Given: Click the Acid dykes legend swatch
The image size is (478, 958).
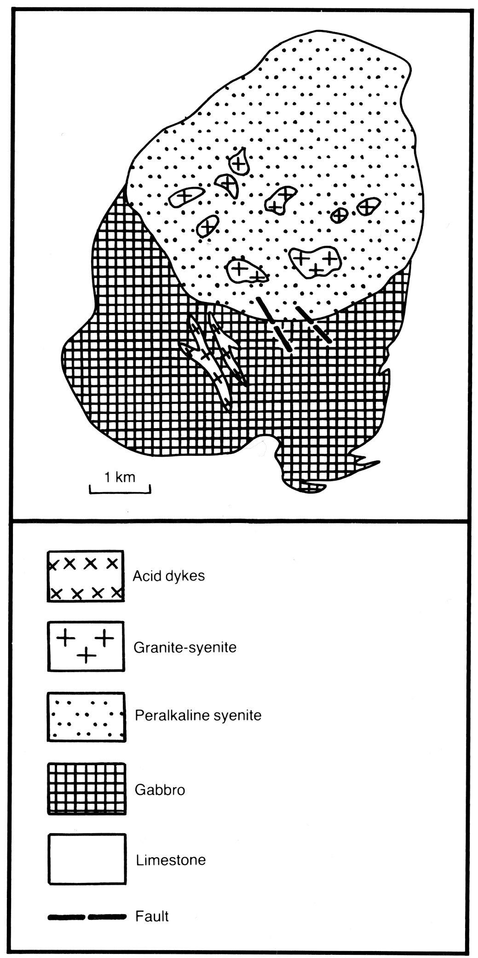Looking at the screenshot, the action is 86,575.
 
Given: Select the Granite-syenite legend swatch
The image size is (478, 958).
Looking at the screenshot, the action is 86,646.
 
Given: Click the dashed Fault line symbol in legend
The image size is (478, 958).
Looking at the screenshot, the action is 87,917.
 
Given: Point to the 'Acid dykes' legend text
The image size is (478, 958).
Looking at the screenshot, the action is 169,576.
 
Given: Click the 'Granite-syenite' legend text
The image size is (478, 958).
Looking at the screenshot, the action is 185,648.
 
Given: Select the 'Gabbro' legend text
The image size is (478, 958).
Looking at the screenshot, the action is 160,790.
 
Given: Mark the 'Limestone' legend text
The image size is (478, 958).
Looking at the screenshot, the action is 171,860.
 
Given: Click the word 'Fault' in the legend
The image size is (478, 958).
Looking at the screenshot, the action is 152,916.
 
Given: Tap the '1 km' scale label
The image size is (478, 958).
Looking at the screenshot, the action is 120,477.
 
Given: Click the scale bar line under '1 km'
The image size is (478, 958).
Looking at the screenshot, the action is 120,493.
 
